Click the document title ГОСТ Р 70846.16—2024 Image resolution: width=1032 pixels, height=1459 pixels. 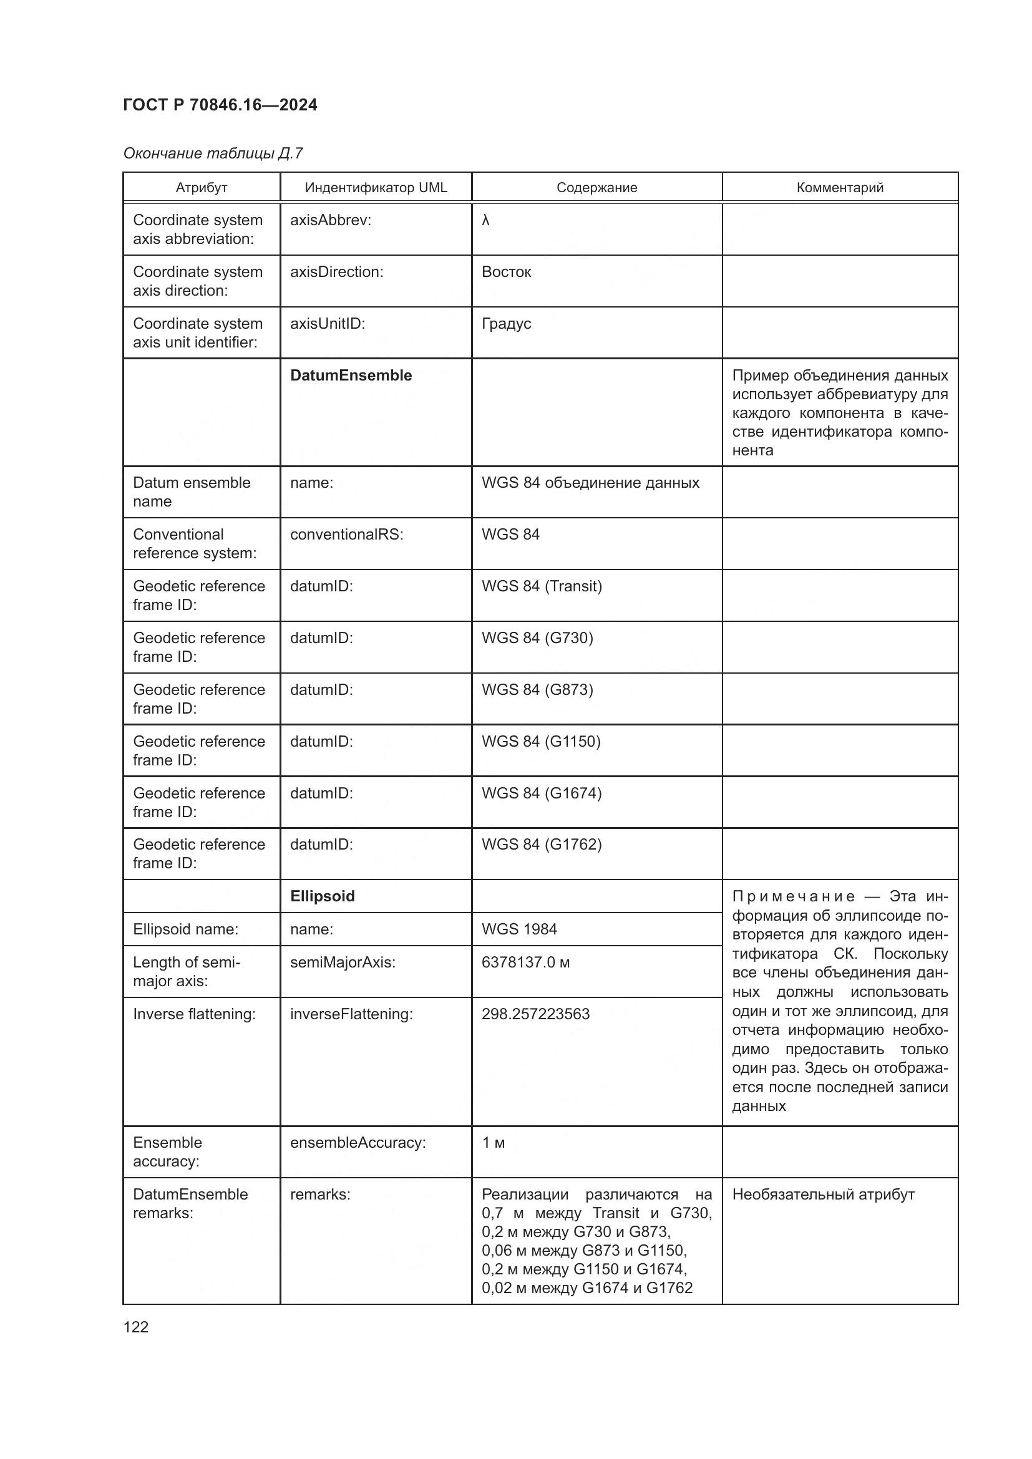(x=220, y=105)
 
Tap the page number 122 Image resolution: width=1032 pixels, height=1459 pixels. (x=135, y=1326)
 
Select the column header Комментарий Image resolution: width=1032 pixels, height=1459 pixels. (x=839, y=188)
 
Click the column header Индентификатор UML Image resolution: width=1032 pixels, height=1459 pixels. (x=376, y=188)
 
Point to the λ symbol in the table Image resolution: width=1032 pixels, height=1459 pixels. (x=485, y=220)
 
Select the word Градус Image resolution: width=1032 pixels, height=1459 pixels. (x=506, y=324)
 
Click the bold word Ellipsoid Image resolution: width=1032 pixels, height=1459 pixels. (x=322, y=896)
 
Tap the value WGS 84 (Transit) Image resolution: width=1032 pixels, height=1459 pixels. (x=542, y=586)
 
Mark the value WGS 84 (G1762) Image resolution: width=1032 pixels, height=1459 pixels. (x=542, y=844)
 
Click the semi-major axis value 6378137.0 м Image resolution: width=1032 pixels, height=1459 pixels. (x=525, y=962)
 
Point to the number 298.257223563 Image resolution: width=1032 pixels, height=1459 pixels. (x=535, y=1014)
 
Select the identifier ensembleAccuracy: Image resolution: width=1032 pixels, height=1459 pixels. (x=358, y=1143)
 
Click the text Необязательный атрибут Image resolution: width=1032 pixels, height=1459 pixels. (x=823, y=1194)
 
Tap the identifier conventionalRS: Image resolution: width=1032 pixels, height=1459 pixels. (x=346, y=535)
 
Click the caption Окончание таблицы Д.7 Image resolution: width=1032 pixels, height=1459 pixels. (x=213, y=153)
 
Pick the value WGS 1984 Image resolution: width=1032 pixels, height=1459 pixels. (x=518, y=929)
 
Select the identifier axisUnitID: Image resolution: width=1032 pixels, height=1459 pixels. (x=328, y=324)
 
